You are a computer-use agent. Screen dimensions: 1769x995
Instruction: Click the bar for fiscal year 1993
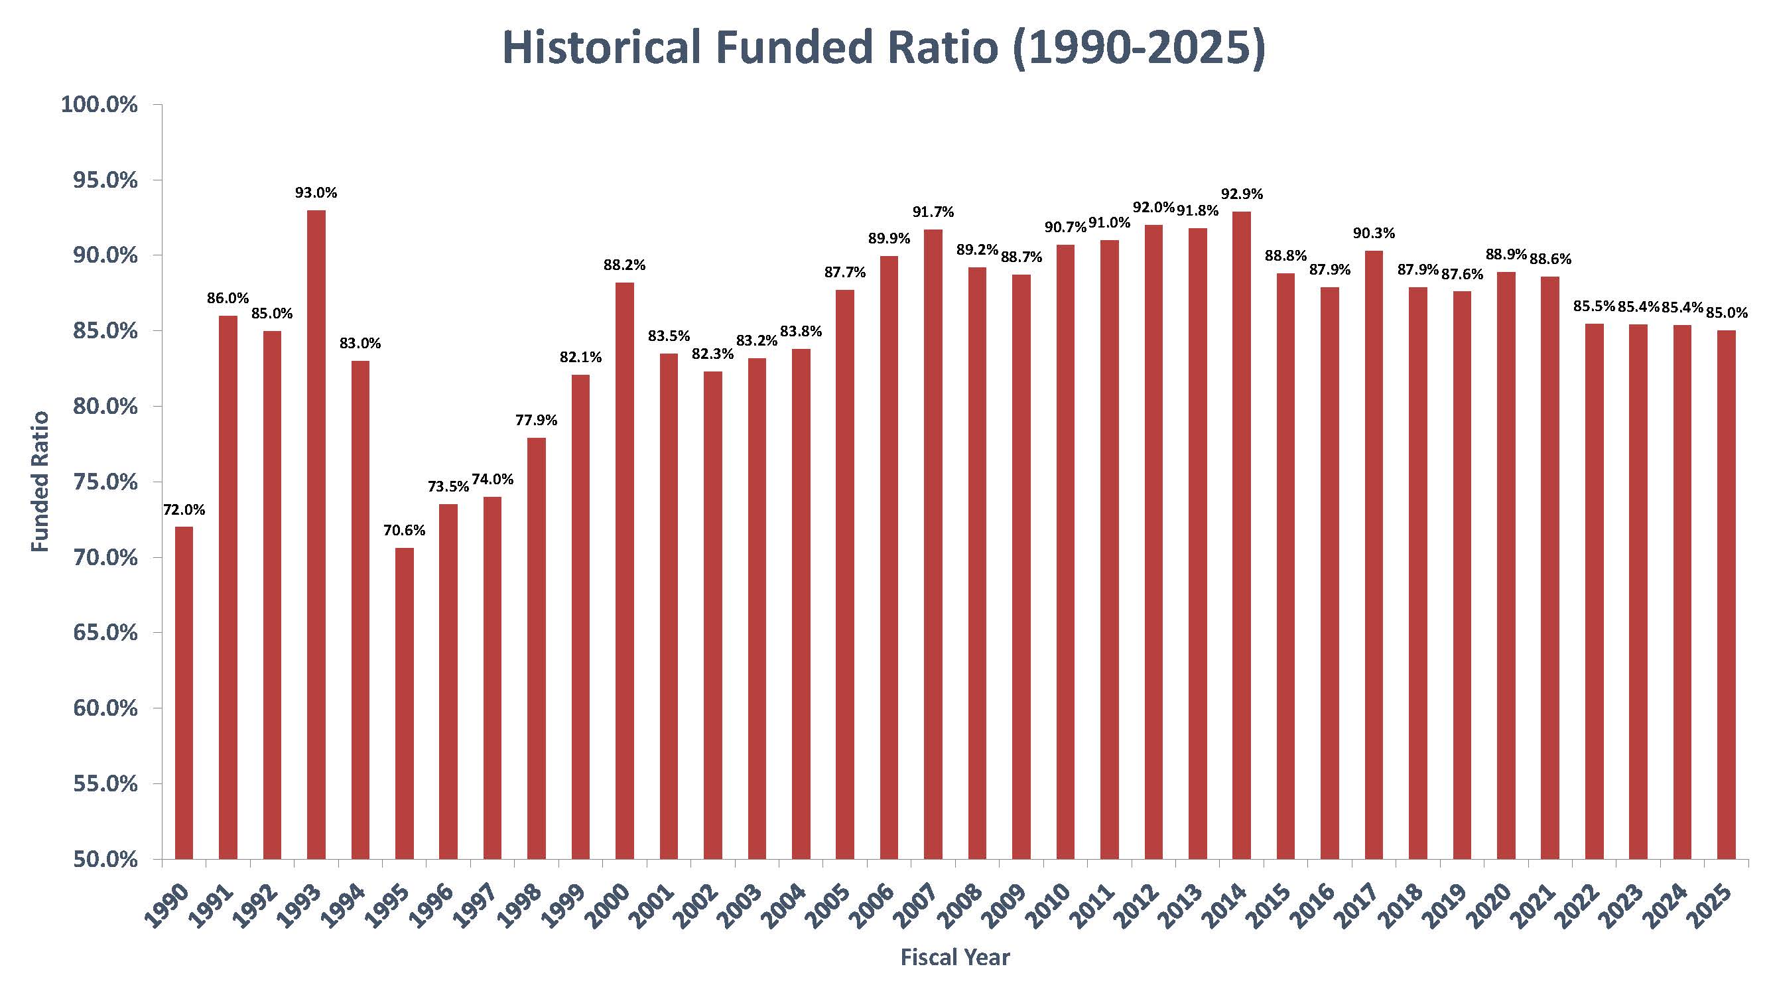pos(316,534)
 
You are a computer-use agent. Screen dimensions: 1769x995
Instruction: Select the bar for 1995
pos(405,703)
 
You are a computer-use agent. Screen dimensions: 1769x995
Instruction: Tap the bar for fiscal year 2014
pos(1242,535)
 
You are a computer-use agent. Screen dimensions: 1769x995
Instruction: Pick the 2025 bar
pos(1726,594)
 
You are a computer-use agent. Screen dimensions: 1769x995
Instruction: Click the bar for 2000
pos(625,570)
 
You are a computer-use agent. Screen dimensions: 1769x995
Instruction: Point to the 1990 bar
pos(184,693)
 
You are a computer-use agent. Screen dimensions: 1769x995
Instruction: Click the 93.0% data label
pos(316,194)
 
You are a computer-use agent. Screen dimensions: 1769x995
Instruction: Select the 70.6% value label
pos(405,530)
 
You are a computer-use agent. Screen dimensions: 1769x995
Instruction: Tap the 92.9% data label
pos(1242,194)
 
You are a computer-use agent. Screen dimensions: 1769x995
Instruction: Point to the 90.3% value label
pos(1374,233)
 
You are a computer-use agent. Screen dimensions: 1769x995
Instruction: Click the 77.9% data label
pos(537,421)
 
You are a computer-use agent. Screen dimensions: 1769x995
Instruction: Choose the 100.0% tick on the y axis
pos(99,105)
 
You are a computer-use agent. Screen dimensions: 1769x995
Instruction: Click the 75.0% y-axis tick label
pos(105,482)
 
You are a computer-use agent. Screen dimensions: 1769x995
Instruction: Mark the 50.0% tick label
pos(105,859)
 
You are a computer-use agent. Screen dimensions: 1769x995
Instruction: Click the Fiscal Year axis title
pos(955,958)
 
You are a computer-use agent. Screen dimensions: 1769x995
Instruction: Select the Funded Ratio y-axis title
pos(41,482)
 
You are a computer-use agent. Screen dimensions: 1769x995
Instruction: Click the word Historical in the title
pos(602,47)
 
